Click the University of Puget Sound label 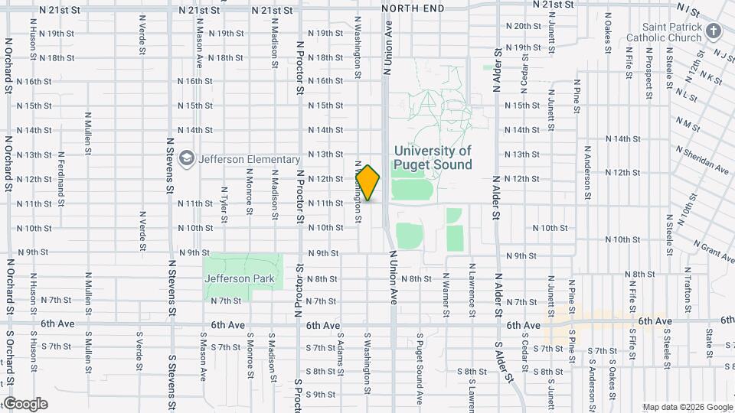tap(432, 158)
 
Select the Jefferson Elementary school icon tap(186, 159)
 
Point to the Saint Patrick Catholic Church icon tap(714, 31)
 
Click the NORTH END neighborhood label tap(412, 8)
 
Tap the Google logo tap(24, 404)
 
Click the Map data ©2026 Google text tap(688, 407)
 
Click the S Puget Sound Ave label tap(420, 367)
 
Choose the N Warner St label tap(446, 291)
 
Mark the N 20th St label tap(523, 26)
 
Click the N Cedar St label tap(524, 70)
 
